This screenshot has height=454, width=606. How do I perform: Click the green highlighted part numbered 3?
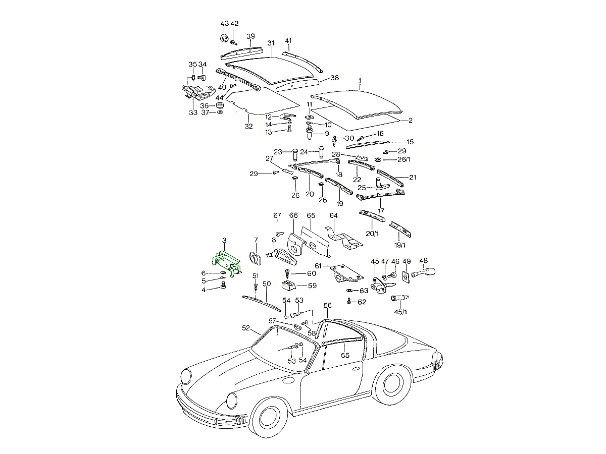(x=226, y=263)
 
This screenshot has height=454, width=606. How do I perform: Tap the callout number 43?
(x=225, y=24)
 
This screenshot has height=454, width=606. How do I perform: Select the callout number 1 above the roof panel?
(x=360, y=81)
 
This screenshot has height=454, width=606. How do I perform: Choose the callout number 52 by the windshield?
(x=246, y=328)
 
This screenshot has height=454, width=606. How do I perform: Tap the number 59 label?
(x=312, y=286)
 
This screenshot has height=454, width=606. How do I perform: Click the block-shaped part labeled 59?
(x=290, y=287)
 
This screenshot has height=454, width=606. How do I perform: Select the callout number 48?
(x=423, y=261)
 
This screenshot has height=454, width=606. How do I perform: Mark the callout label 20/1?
(x=373, y=234)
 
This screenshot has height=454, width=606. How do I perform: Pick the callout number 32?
(x=248, y=126)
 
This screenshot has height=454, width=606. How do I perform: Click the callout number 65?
(x=311, y=215)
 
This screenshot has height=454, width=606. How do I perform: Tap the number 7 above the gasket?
(x=256, y=240)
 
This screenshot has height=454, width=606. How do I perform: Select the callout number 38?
(x=334, y=78)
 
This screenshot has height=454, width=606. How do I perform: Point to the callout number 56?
(x=328, y=306)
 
